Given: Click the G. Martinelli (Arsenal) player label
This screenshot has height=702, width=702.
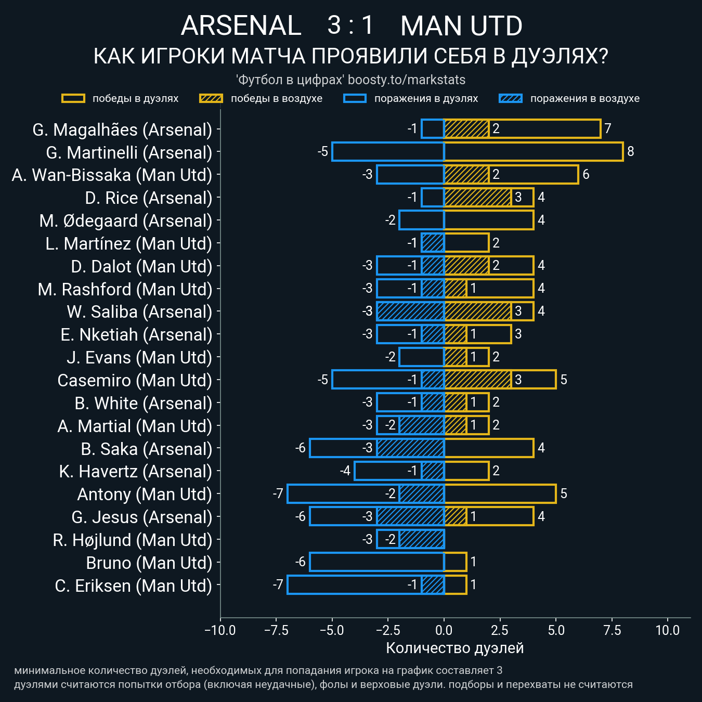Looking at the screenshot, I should tap(129, 152).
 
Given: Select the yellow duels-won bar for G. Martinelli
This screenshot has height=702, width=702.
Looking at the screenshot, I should tap(533, 151).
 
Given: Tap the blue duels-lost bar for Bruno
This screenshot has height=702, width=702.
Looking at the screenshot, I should tap(376, 562).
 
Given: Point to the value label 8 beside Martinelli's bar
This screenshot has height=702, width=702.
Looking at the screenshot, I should tap(630, 151).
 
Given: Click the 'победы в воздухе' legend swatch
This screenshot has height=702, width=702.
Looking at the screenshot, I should tap(211, 98).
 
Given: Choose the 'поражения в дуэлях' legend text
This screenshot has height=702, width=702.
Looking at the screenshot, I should tap(426, 98).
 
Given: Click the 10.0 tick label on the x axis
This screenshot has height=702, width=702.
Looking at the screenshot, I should tap(668, 630).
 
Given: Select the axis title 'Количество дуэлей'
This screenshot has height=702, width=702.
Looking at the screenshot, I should tap(454, 648).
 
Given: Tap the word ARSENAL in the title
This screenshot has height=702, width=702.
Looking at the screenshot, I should tap(241, 26).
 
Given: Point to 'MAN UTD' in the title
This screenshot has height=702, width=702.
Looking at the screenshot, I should tap(461, 26).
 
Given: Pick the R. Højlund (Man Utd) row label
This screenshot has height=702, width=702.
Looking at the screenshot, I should tap(133, 540).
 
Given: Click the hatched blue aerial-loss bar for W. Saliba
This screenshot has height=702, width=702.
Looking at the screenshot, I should tap(410, 311).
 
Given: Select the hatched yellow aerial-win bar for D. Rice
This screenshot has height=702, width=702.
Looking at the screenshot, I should tap(477, 197).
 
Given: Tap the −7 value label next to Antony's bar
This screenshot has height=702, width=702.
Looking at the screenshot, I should tap(278, 493).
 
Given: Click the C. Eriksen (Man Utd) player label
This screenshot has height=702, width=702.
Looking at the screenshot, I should tap(134, 586).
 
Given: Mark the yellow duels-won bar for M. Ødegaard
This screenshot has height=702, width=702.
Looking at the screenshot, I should tap(489, 220).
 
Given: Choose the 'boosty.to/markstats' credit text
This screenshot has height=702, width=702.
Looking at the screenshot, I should tap(406, 80).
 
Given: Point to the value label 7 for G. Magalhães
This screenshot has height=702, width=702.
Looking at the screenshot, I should tap(607, 128).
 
